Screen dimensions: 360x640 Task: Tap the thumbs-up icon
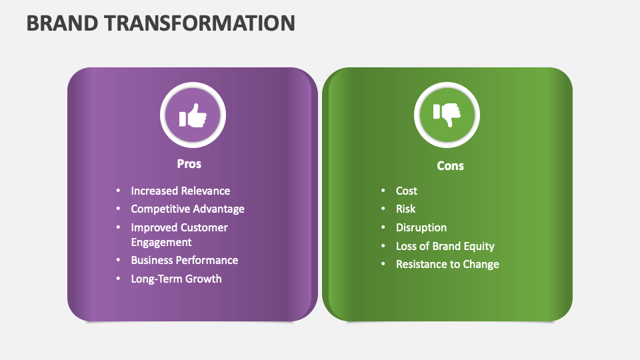(x=193, y=116)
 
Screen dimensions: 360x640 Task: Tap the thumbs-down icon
(x=447, y=116)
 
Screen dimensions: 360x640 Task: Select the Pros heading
(x=189, y=163)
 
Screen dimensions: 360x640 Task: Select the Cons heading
(x=450, y=165)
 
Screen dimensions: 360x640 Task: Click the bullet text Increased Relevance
(x=180, y=191)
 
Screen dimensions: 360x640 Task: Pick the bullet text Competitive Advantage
(x=187, y=209)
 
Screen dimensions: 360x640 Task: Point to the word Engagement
(x=161, y=242)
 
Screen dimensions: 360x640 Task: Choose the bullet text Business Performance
(x=184, y=260)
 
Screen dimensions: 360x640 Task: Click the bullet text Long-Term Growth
(x=176, y=279)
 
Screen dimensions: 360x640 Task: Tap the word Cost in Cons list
(x=406, y=191)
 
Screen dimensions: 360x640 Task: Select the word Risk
(x=405, y=209)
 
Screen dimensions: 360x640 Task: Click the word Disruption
(x=421, y=227)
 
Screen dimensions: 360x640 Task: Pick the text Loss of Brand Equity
(x=445, y=246)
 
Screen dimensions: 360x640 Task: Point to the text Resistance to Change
(x=447, y=264)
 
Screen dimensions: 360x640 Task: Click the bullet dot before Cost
(x=383, y=191)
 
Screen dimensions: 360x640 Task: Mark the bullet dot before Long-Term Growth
(x=118, y=279)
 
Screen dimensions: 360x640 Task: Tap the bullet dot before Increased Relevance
(x=118, y=191)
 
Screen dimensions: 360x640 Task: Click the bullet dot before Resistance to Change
(x=383, y=264)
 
